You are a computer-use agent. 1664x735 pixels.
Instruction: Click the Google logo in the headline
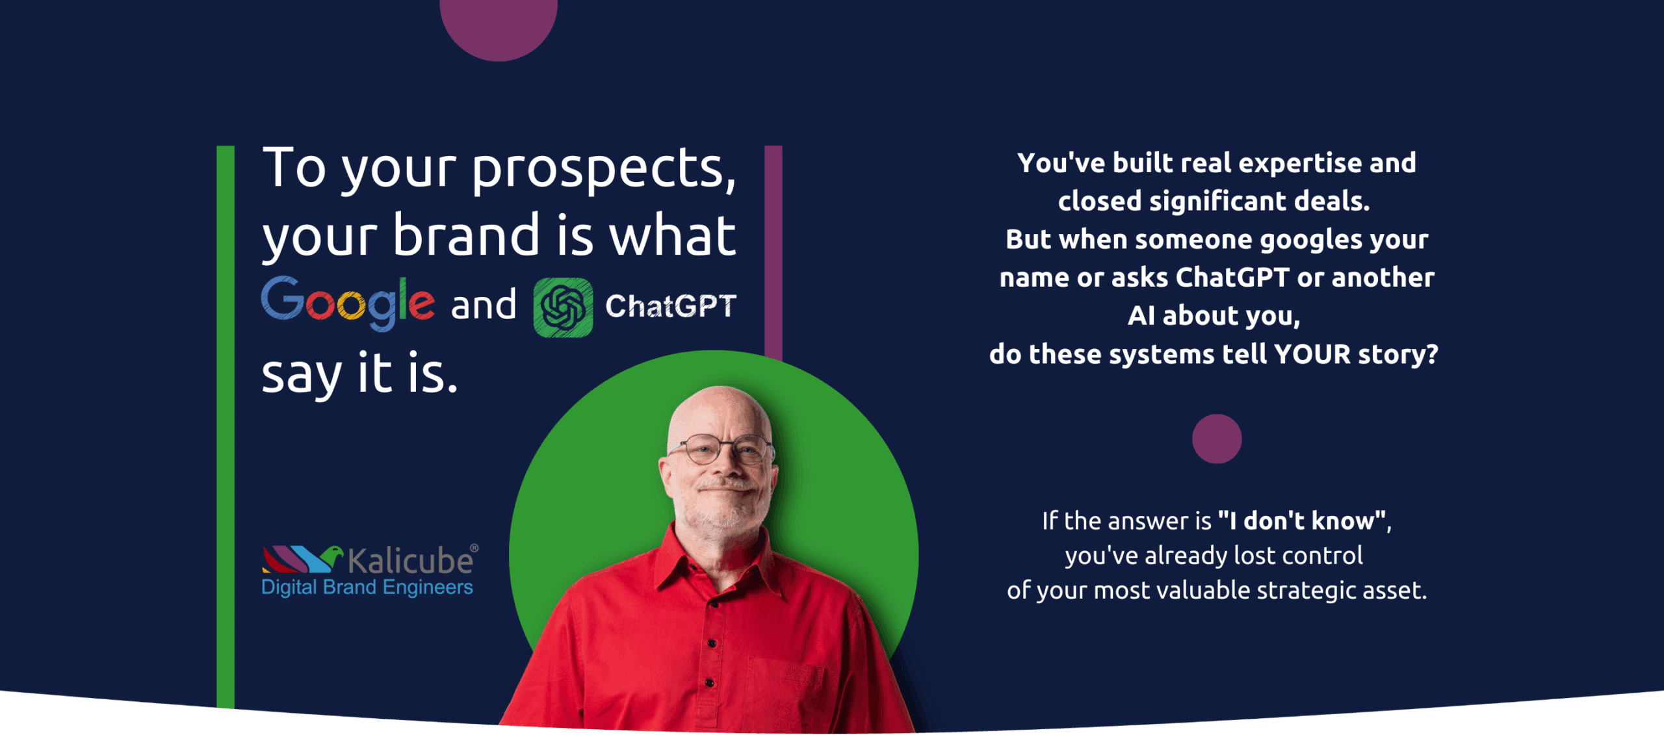(348, 303)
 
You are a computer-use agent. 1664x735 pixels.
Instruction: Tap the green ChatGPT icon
(563, 307)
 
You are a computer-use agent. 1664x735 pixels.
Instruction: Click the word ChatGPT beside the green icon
(671, 306)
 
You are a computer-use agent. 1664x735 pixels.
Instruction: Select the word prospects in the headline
(604, 170)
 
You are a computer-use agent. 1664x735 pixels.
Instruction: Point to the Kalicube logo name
(411, 561)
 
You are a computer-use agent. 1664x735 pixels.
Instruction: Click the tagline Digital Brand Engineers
(367, 587)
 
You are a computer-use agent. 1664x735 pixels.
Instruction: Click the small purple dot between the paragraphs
(1217, 439)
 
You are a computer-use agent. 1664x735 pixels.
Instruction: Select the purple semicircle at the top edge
(499, 26)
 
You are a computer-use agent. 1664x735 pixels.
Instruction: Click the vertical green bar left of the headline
(226, 426)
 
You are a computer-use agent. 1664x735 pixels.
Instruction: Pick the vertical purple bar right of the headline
(773, 252)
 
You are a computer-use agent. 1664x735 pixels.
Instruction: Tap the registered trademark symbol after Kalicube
(474, 548)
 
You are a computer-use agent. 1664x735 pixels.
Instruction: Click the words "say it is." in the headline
(359, 374)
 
